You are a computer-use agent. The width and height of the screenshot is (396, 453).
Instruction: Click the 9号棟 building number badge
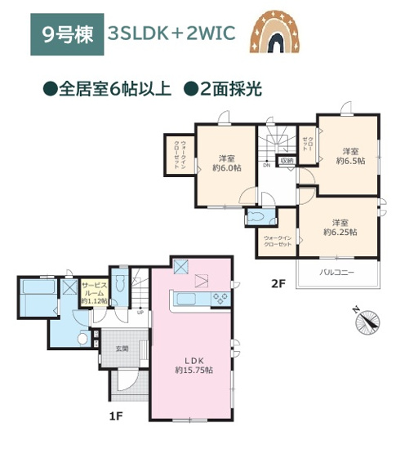tap(67, 35)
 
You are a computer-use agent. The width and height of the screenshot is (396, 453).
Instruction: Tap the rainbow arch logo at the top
tap(278, 33)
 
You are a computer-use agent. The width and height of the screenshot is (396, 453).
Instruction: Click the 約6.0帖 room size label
tap(226, 163)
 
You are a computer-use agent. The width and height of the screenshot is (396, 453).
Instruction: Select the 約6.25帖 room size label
tap(340, 227)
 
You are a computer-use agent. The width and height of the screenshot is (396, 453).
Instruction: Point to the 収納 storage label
tap(286, 161)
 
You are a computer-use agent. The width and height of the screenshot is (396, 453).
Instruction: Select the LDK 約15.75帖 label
tap(193, 364)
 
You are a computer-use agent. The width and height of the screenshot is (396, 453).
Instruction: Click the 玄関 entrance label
tap(122, 349)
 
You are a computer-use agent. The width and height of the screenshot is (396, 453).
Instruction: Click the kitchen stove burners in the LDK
tap(220, 299)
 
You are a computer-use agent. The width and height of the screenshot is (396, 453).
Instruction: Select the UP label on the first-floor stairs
tap(140, 312)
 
